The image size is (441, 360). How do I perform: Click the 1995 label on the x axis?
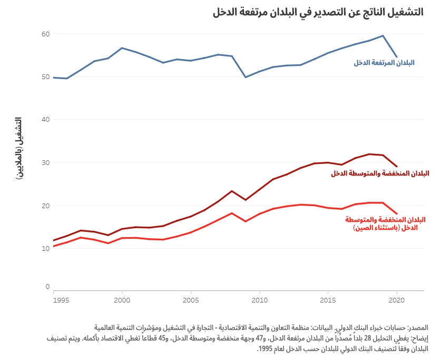coord(61,300)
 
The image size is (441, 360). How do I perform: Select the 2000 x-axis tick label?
coord(122,300)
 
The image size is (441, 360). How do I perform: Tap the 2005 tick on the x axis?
coord(190,300)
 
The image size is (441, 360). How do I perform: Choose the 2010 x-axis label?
coord(259,300)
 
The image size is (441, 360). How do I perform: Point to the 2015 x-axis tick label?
coord(328,300)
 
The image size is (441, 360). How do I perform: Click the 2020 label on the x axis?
coord(396,300)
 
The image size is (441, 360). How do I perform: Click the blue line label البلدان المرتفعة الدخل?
coord(384,62)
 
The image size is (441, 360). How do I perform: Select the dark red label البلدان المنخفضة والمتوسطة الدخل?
coord(380,173)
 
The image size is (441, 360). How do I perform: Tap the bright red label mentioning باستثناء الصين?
coord(385,223)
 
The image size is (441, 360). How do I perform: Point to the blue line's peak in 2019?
coord(383,36)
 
